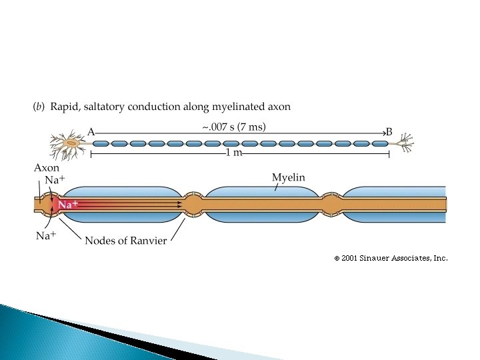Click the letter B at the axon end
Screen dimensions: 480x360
(390, 132)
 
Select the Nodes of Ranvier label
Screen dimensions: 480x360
(125, 241)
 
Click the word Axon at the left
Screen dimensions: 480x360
(47, 169)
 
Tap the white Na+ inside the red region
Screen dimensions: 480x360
(68, 205)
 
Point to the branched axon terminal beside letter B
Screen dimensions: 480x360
(404, 142)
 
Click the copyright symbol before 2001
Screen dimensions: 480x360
(337, 258)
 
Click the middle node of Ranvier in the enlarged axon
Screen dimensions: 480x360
(193, 204)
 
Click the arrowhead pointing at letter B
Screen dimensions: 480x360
(383, 132)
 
